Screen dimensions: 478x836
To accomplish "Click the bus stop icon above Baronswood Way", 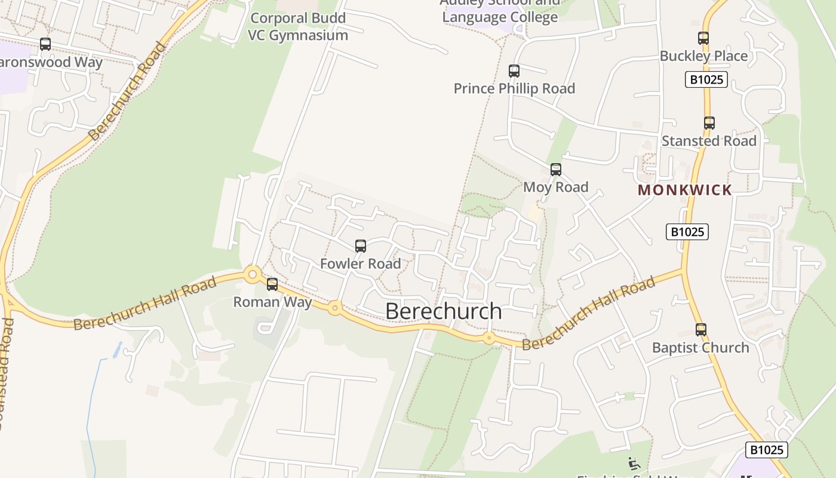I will pyautogui.click(x=45, y=44).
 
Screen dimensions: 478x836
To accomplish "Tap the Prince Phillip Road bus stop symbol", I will pyautogui.click(x=514, y=71).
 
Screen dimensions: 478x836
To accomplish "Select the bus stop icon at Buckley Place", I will pyautogui.click(x=703, y=38).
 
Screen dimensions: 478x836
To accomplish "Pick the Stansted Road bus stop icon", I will pyautogui.click(x=709, y=123).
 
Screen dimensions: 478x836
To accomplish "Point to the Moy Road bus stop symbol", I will pyautogui.click(x=556, y=169).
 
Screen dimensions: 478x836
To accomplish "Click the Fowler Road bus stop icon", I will pyautogui.click(x=361, y=246).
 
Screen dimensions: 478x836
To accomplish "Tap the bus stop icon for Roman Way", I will pyautogui.click(x=272, y=284).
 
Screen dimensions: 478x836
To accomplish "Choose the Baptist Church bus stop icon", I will pyautogui.click(x=701, y=329).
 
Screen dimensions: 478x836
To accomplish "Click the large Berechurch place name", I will pyautogui.click(x=444, y=311).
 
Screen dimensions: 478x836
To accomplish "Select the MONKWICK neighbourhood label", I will pyautogui.click(x=685, y=190).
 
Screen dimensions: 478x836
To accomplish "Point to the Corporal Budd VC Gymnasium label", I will pyautogui.click(x=298, y=26).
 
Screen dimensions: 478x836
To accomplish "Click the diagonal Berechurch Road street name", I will pyautogui.click(x=127, y=91).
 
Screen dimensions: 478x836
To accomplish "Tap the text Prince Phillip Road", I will pyautogui.click(x=514, y=88).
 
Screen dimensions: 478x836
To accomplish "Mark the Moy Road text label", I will pyautogui.click(x=556, y=187).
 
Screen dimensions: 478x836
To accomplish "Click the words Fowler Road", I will pyautogui.click(x=361, y=263).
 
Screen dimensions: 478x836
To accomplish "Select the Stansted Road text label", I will pyautogui.click(x=709, y=141).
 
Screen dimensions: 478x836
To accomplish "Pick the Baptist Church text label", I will pyautogui.click(x=700, y=348).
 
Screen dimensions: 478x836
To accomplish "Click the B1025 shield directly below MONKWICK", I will pyautogui.click(x=687, y=232).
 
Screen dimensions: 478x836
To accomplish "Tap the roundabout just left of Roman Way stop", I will pyautogui.click(x=253, y=275).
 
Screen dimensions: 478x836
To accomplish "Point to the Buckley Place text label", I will pyautogui.click(x=703, y=56).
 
